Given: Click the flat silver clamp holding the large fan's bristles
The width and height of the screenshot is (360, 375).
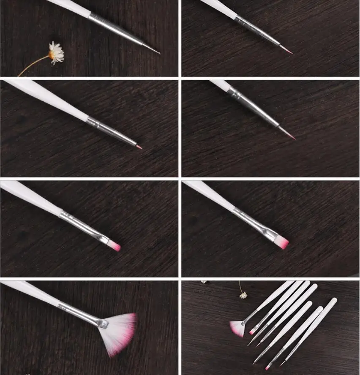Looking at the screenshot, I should tap(103, 323).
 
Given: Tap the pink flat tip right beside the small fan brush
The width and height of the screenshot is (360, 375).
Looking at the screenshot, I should tap(252, 332).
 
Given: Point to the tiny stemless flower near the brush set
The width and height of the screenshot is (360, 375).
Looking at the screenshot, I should tap(204, 282).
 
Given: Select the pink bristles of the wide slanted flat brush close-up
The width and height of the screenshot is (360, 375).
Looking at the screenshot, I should tap(282, 242).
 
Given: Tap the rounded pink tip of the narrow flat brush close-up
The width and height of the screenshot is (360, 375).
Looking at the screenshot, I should tap(115, 246).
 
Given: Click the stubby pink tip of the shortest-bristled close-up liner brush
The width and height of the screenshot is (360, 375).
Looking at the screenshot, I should tap(139, 147).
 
